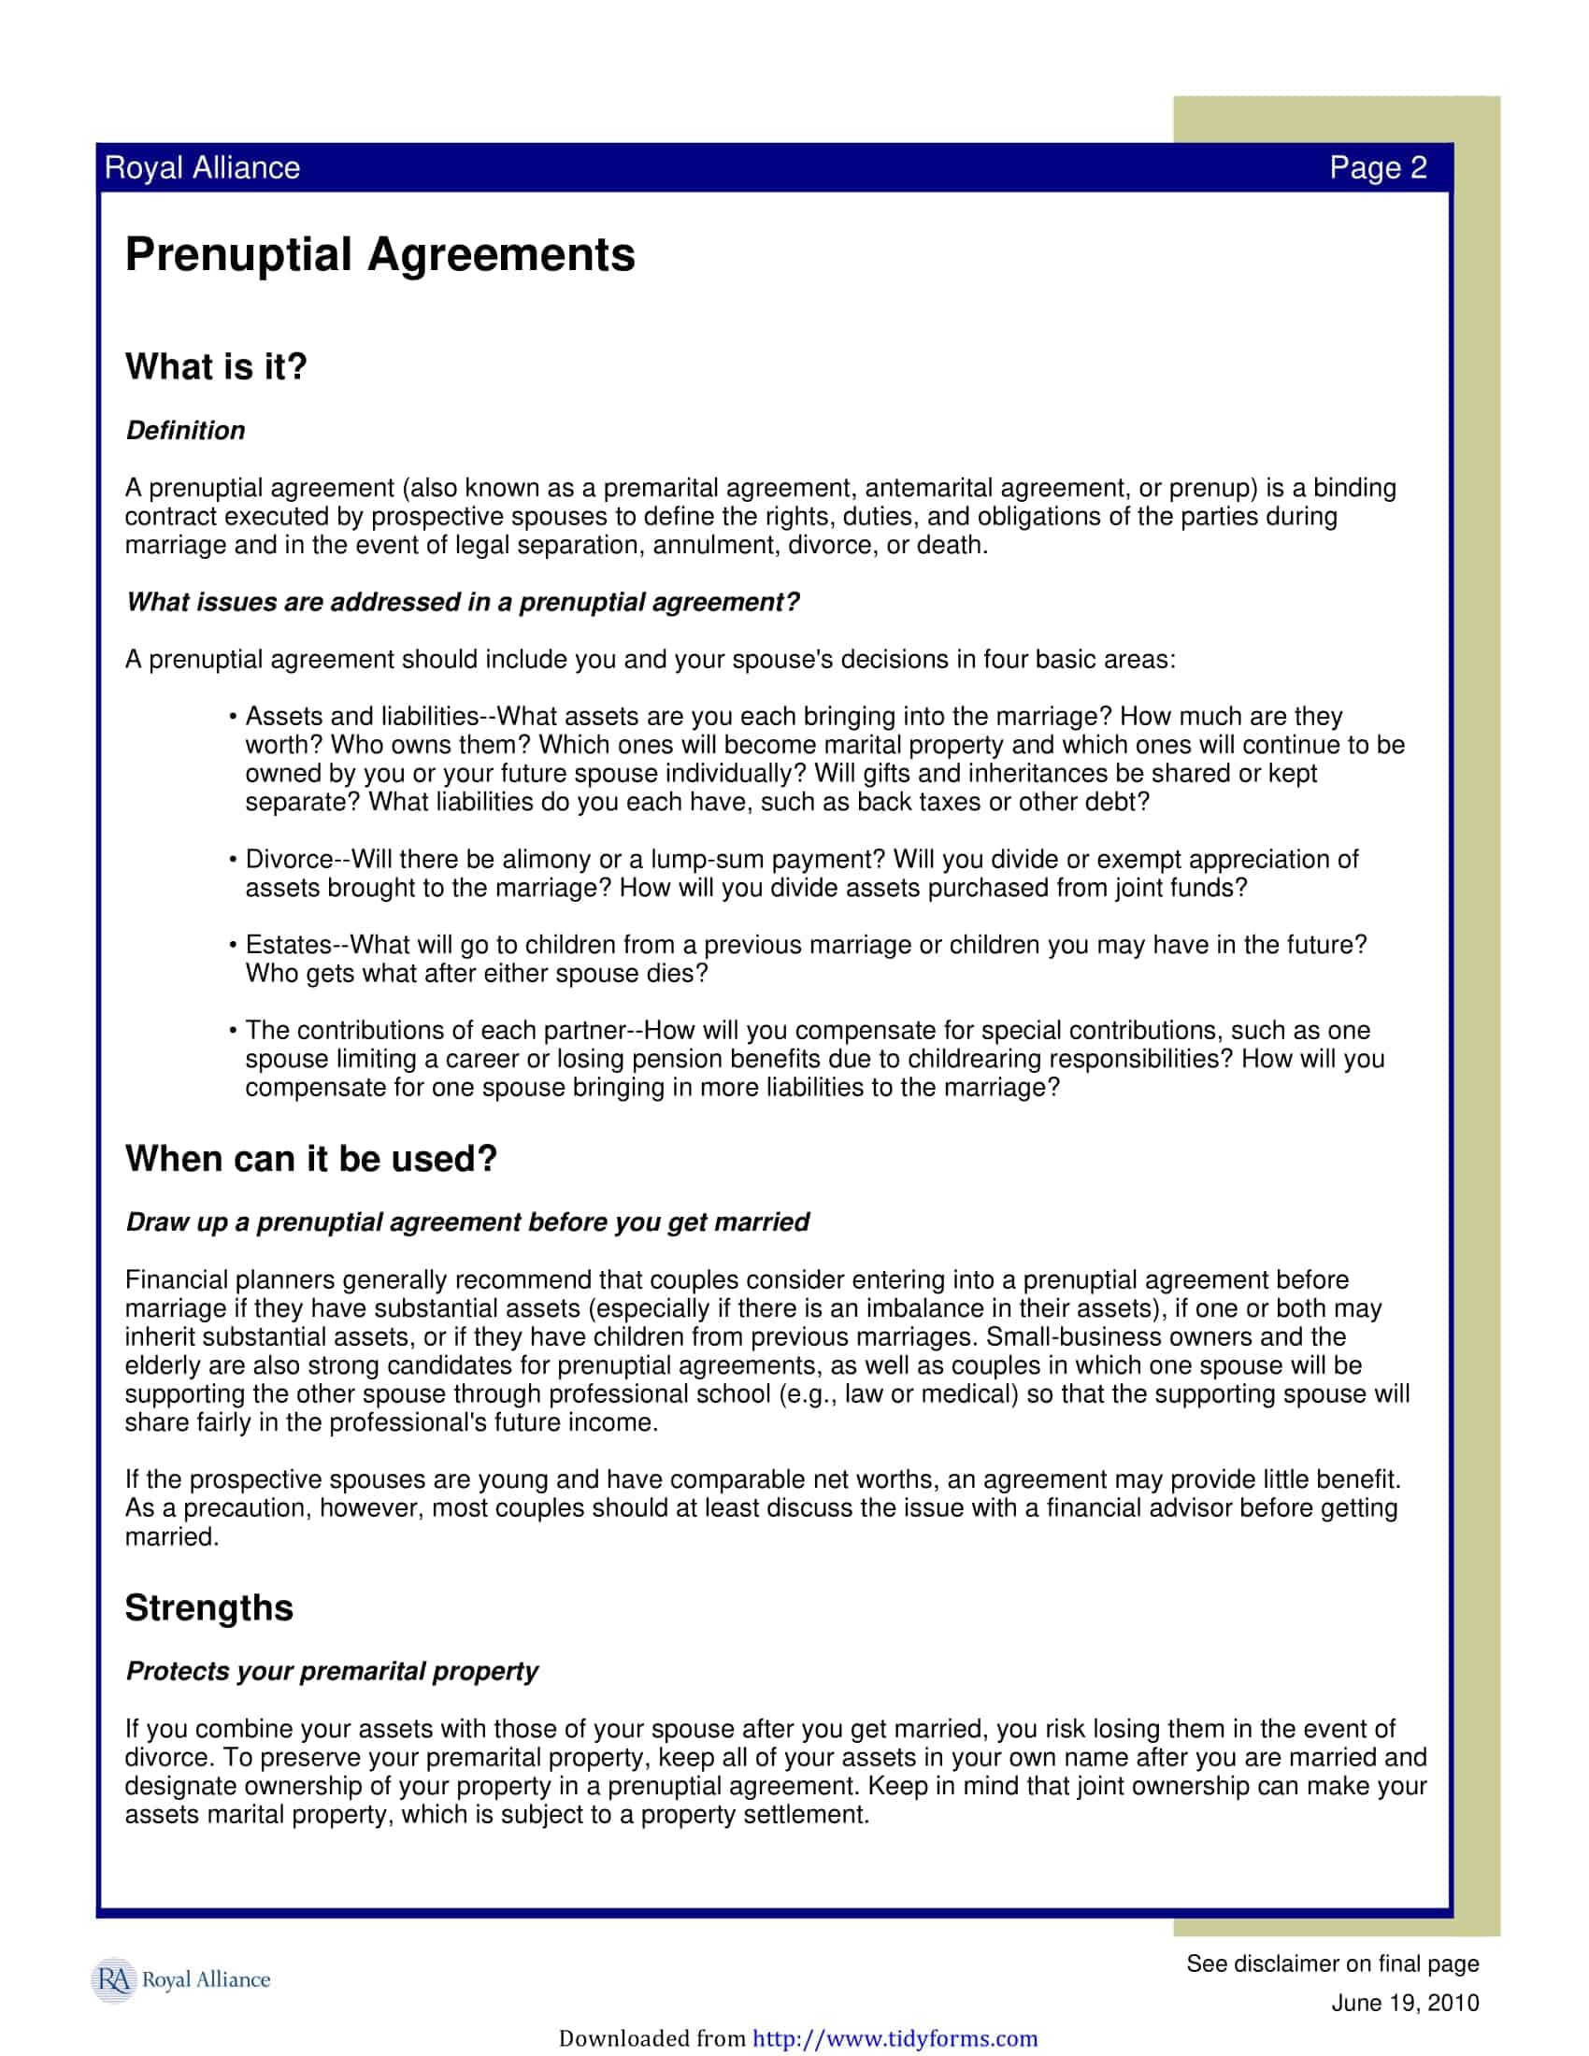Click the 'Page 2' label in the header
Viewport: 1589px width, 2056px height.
tap(1377, 167)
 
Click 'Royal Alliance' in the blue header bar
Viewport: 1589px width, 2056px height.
tap(203, 167)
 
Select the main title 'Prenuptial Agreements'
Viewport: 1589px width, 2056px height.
tap(379, 254)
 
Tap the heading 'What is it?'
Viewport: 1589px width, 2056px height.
tap(216, 366)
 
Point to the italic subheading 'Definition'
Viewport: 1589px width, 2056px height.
tap(185, 430)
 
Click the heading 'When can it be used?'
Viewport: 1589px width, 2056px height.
tap(310, 1158)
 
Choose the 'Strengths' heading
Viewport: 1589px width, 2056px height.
tap(209, 1607)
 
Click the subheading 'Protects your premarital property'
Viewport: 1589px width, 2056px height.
tap(332, 1671)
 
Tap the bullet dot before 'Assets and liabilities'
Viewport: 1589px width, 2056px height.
tap(232, 719)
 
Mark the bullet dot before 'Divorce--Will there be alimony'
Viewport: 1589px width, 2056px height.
tap(232, 861)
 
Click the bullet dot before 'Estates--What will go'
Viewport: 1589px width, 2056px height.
tap(232, 946)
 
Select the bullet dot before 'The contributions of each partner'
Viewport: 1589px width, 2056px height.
tap(232, 1032)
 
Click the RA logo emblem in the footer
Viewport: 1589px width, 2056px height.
tap(113, 1978)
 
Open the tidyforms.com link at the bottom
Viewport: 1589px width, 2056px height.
tap(895, 2038)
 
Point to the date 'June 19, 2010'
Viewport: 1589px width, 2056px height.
tap(1405, 2003)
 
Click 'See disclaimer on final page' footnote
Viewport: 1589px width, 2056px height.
tap(1332, 1963)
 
